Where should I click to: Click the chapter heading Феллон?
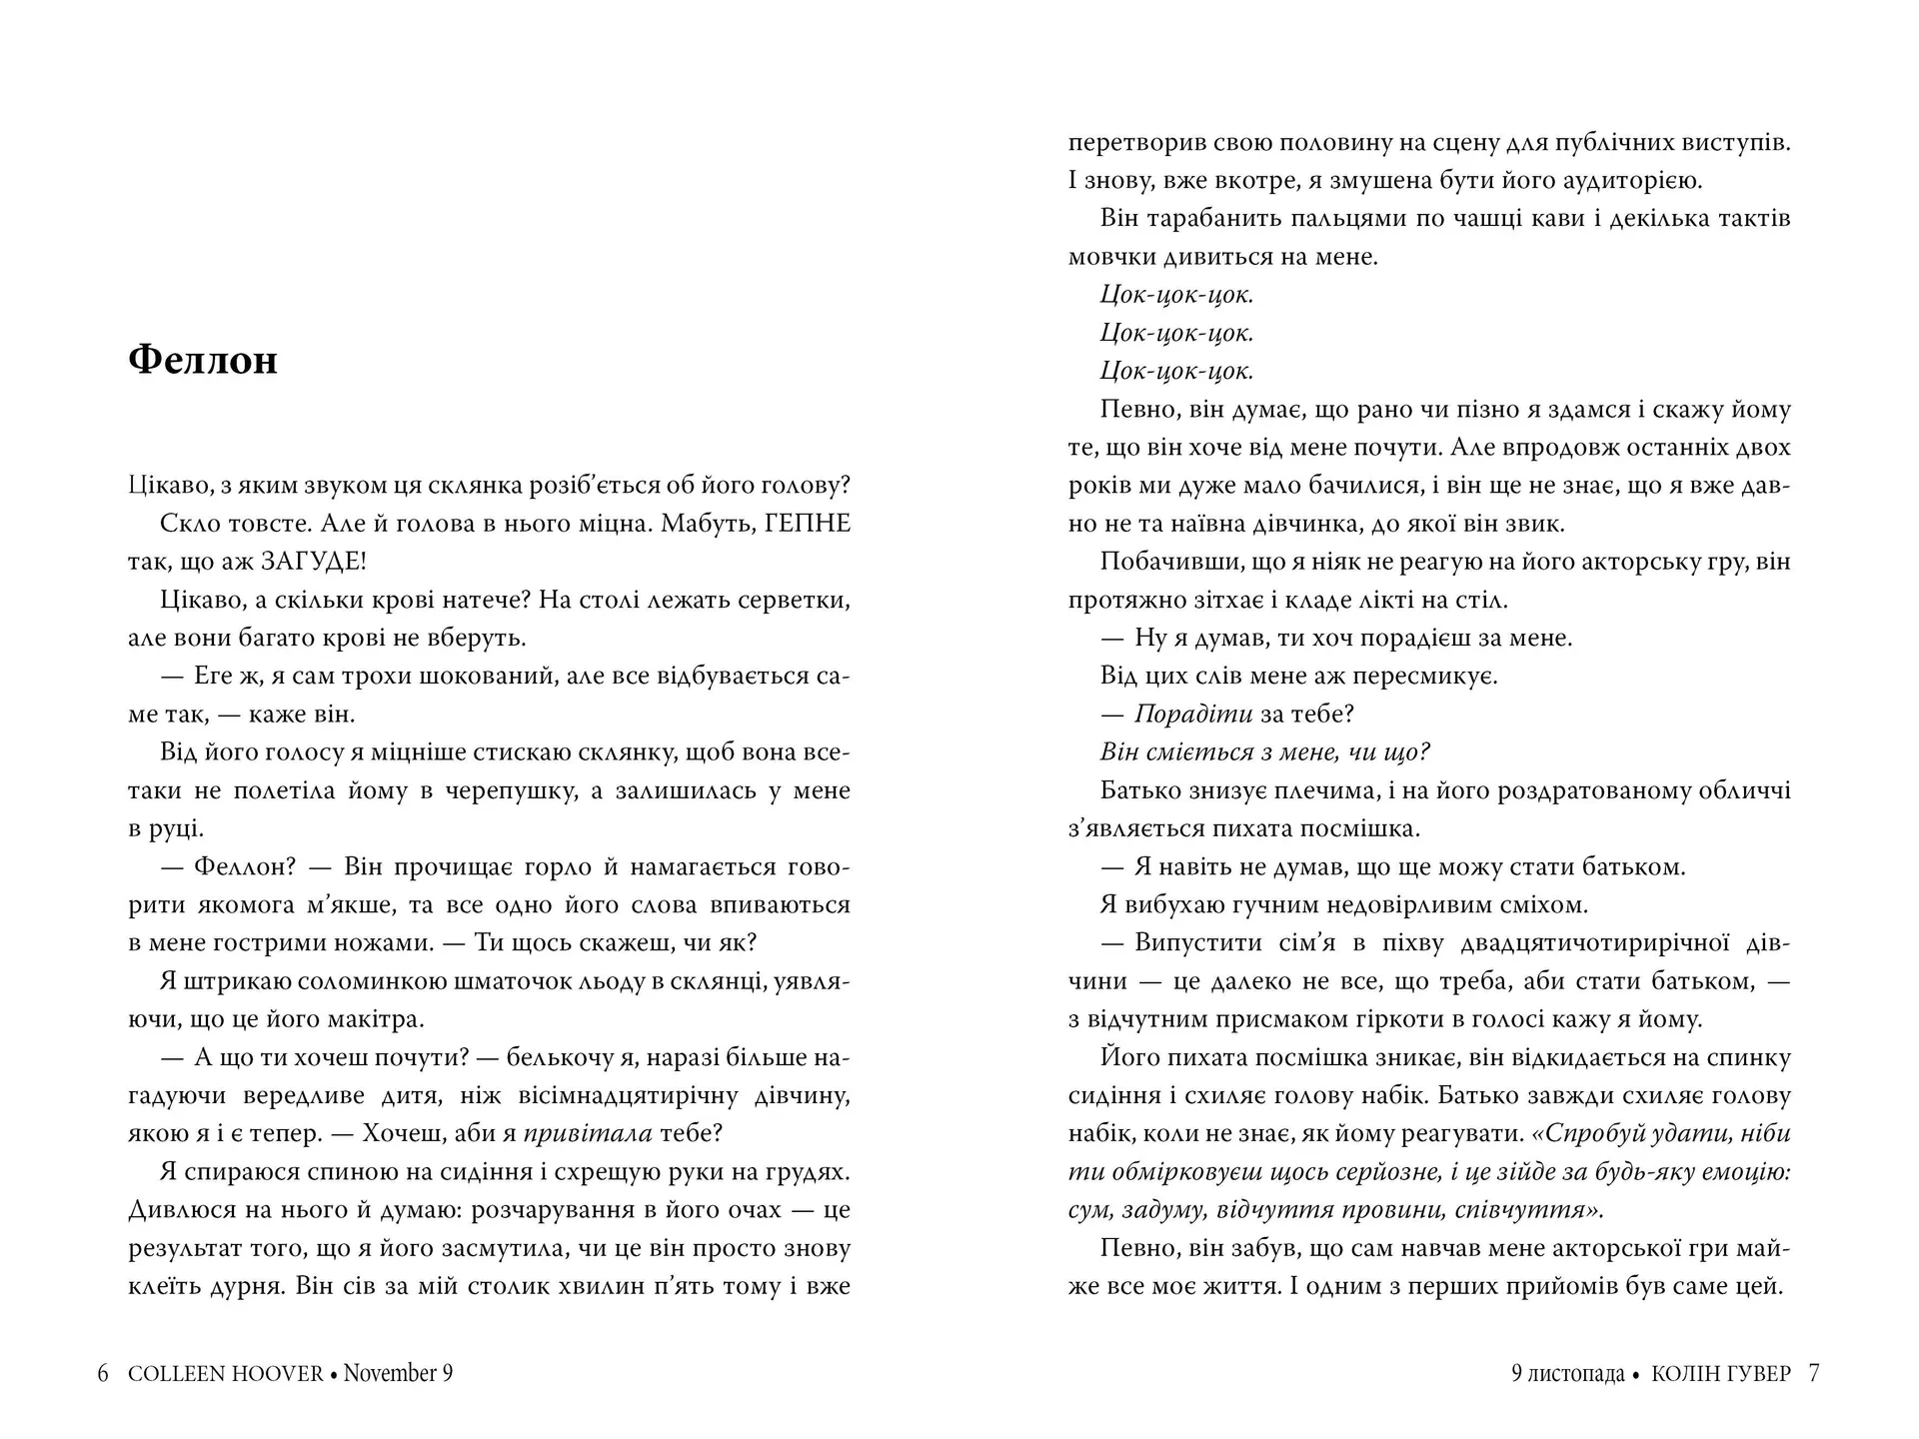[203, 361]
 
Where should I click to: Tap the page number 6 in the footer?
[103, 1374]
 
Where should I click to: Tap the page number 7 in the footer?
[1814, 1374]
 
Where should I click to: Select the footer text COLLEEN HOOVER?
[226, 1374]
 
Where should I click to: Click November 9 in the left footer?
[398, 1374]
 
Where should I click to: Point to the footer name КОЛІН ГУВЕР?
[1721, 1374]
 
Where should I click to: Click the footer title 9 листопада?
[1567, 1374]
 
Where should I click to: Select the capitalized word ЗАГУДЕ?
[313, 562]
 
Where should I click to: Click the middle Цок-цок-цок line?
[1176, 333]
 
